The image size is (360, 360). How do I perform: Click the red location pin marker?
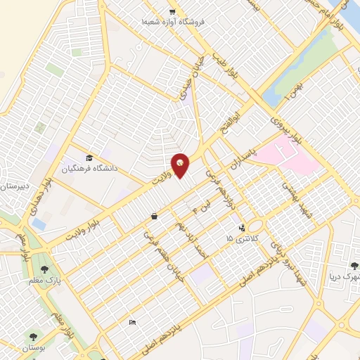(181, 165)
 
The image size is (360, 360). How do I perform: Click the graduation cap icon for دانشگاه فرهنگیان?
(89, 157)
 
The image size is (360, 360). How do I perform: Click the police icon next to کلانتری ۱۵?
(242, 228)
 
